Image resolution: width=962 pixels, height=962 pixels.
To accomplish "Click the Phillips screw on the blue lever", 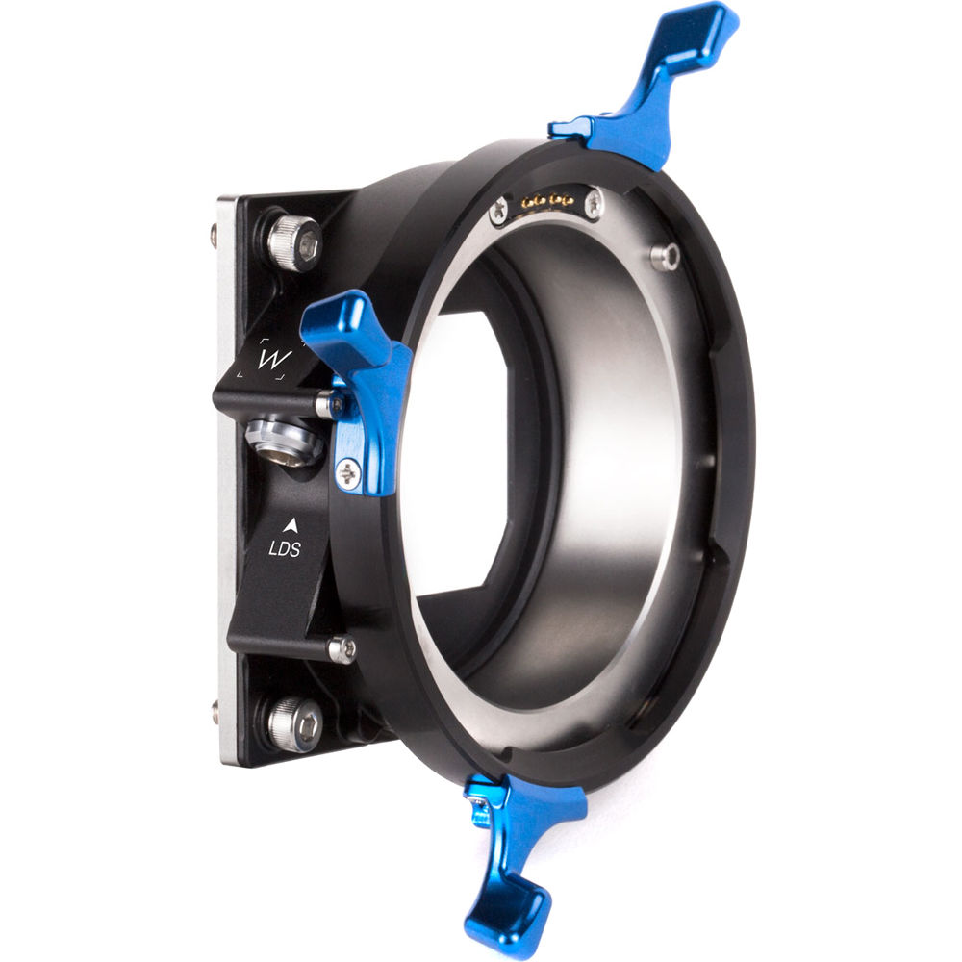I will click(x=347, y=471).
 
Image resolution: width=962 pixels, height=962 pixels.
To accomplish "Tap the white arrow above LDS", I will click(x=289, y=525).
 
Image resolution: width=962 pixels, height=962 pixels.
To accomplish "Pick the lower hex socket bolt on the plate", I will click(x=293, y=723).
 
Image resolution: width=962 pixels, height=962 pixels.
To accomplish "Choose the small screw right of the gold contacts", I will click(x=594, y=203).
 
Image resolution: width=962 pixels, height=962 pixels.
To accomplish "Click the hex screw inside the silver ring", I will click(x=664, y=256).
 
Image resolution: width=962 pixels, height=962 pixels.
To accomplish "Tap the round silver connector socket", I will click(x=283, y=442).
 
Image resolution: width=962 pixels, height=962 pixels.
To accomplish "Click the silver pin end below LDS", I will click(x=341, y=650).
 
